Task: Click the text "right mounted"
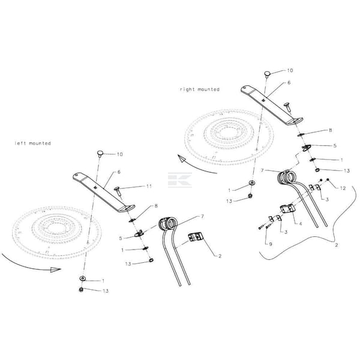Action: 199,89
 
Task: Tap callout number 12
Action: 342,188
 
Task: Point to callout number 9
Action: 270,244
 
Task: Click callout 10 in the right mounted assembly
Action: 291,70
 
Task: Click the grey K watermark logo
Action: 179,181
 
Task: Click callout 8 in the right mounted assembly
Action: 331,130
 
